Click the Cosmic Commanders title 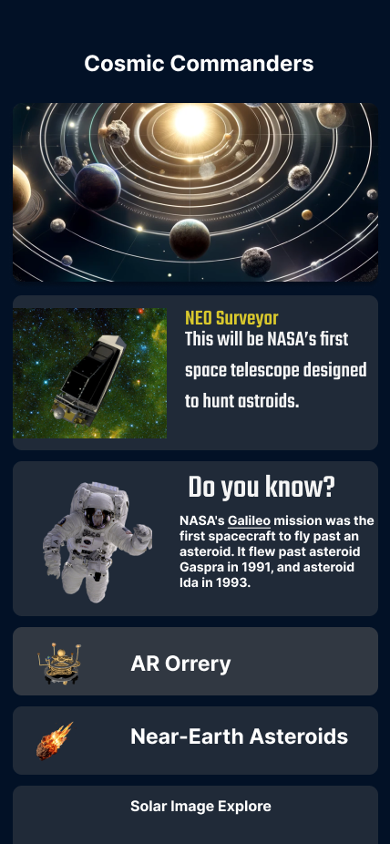199,64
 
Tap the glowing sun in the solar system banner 190,121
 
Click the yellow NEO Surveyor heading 231,319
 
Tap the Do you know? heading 262,488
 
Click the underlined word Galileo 249,521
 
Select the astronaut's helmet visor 98,518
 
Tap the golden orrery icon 60,664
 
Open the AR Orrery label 180,664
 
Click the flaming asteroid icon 55,741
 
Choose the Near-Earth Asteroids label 240,736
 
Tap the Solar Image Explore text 200,807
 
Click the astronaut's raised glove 142,533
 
